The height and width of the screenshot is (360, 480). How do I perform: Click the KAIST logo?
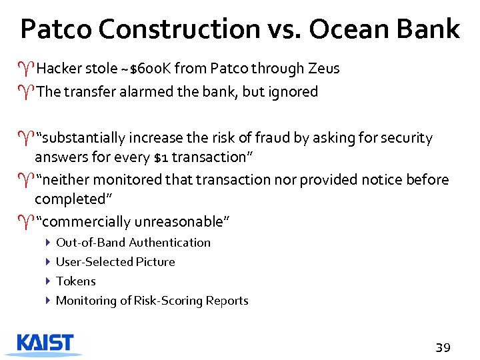click(x=45, y=343)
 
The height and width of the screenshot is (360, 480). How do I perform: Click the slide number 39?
click(x=443, y=347)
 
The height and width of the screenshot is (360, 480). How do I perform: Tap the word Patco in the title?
click(x=57, y=29)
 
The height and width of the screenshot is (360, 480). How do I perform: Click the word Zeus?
click(x=323, y=69)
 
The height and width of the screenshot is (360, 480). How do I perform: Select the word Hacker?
click(x=58, y=69)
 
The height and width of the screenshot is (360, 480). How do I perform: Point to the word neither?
click(x=65, y=180)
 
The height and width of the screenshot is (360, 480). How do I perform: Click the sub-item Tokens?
click(x=76, y=281)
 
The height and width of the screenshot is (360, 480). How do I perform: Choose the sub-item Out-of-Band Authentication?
click(x=133, y=243)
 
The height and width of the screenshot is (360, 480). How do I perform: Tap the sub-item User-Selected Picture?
click(x=115, y=262)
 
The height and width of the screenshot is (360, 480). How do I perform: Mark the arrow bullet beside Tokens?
click(x=49, y=281)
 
